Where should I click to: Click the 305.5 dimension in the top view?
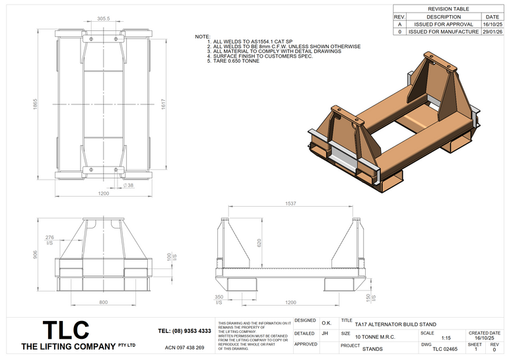pos(103,19)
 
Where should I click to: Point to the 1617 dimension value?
pos(162,104)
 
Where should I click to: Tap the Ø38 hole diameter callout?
pos(129,185)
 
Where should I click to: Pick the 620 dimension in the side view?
pos(259,244)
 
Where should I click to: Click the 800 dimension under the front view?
pos(104,302)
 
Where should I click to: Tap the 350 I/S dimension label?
pos(219,299)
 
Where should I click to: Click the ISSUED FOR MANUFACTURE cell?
pos(444,31)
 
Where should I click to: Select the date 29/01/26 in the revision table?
pos(492,31)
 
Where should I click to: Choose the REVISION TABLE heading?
pos(449,9)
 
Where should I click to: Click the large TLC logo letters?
pos(66,330)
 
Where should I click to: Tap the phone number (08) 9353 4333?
pos(185,331)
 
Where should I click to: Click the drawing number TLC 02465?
pos(445,348)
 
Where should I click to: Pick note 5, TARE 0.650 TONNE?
pos(234,61)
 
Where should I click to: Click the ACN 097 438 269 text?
pos(184,347)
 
